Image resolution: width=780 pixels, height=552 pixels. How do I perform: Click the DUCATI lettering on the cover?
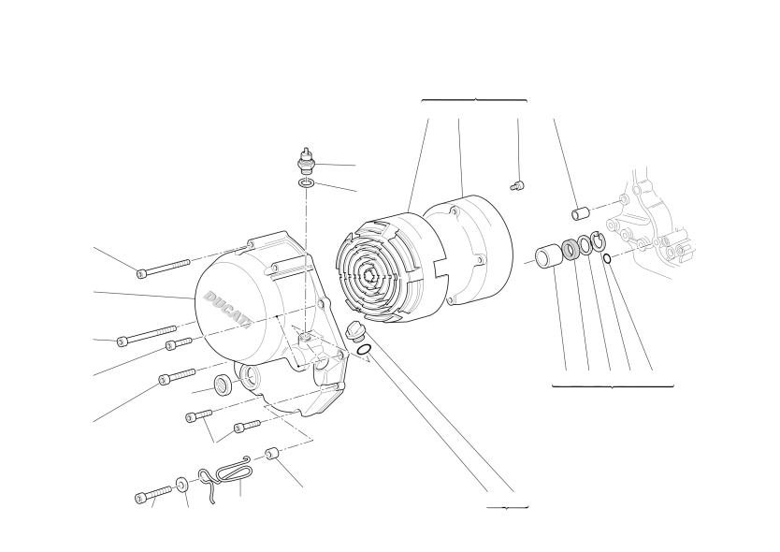[227, 310]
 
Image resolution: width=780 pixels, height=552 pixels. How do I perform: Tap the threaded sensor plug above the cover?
[307, 160]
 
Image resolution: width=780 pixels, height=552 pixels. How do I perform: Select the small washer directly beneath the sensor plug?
[307, 183]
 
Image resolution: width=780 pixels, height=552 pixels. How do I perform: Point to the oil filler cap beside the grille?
[354, 331]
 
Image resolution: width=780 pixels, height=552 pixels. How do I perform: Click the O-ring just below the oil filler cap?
[364, 350]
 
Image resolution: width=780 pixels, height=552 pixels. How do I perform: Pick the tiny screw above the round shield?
[517, 186]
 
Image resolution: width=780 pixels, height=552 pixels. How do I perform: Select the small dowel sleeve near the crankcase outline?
[580, 213]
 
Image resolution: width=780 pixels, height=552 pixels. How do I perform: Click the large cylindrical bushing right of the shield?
[548, 255]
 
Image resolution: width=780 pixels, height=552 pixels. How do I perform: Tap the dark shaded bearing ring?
[571, 250]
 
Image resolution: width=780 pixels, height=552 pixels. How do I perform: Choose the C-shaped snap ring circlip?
[598, 240]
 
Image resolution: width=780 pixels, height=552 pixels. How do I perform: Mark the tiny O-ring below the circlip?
[607, 258]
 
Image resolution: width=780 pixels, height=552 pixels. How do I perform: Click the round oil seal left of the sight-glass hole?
[223, 385]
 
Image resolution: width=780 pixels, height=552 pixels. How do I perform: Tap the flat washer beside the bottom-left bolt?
[181, 485]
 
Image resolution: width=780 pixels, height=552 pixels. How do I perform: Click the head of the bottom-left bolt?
[141, 498]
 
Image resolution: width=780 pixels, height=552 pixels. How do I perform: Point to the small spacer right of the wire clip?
[272, 454]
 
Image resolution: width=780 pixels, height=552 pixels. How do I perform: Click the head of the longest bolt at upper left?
[142, 273]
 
